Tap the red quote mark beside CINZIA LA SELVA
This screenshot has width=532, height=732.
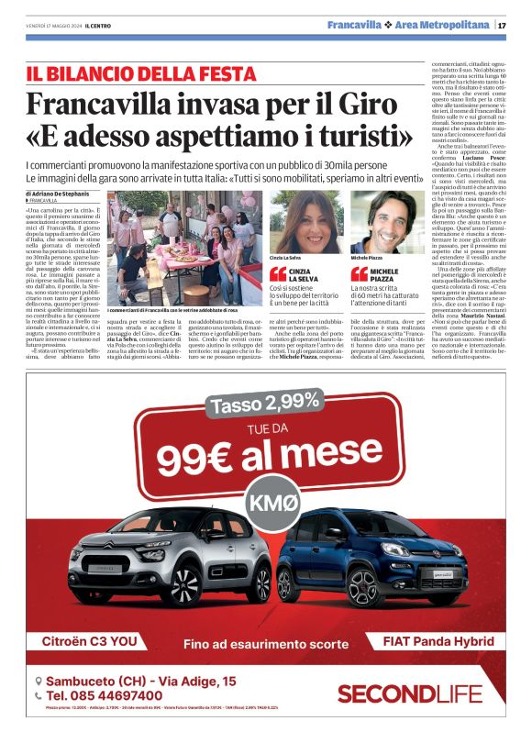tap(278, 273)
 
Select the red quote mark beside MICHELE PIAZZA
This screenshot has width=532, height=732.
tap(359, 273)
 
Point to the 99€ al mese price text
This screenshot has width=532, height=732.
tap(266, 457)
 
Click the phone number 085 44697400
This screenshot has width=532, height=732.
tap(112, 696)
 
